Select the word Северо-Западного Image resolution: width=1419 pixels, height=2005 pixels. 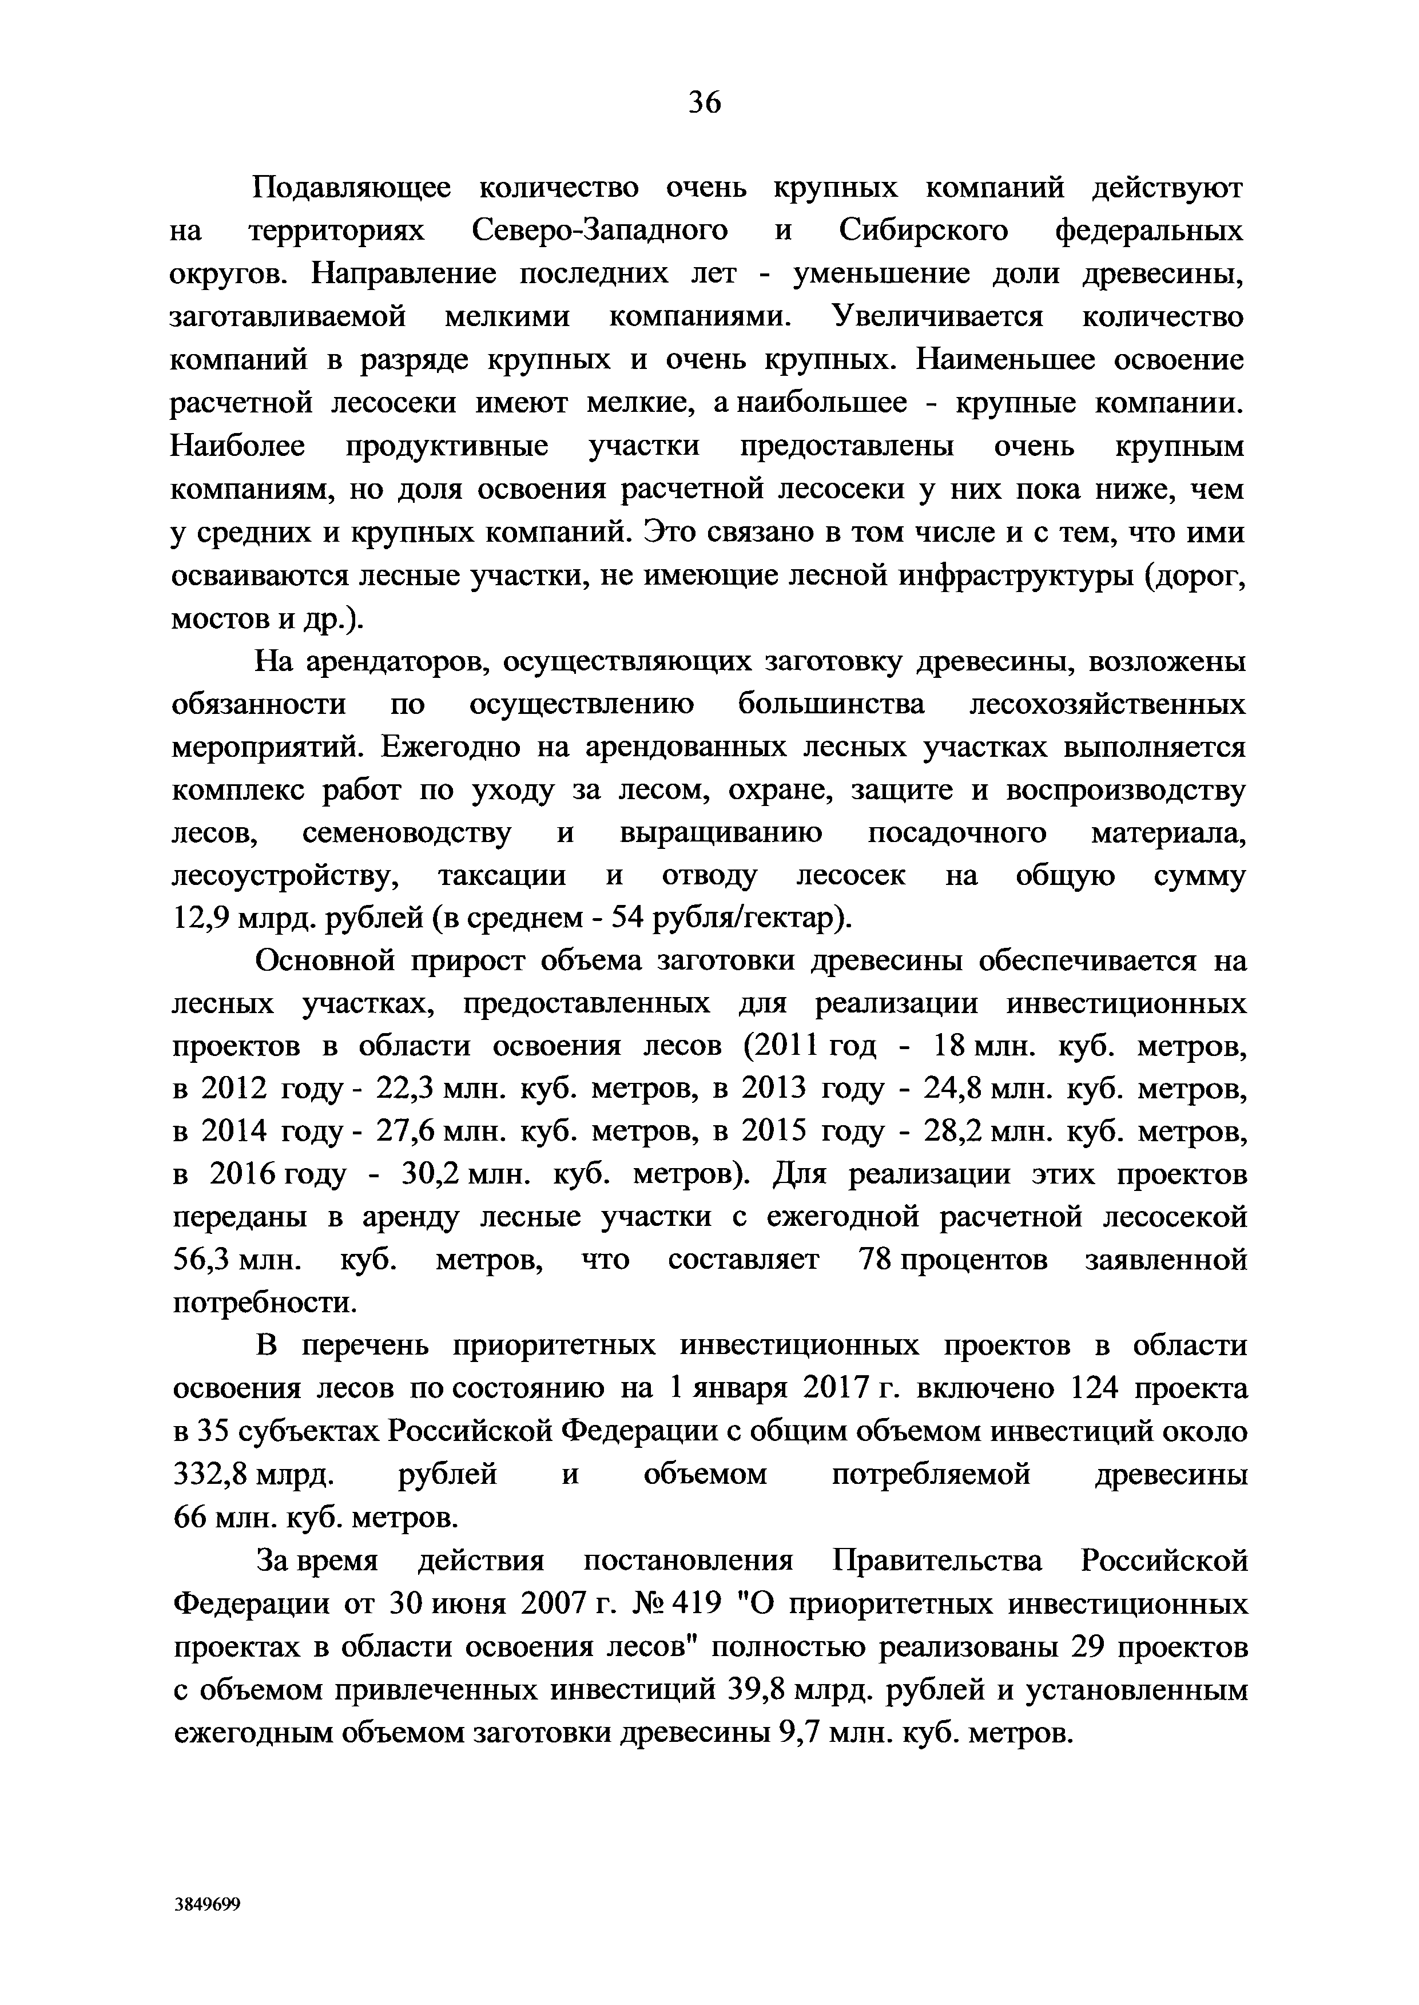pos(599,231)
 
